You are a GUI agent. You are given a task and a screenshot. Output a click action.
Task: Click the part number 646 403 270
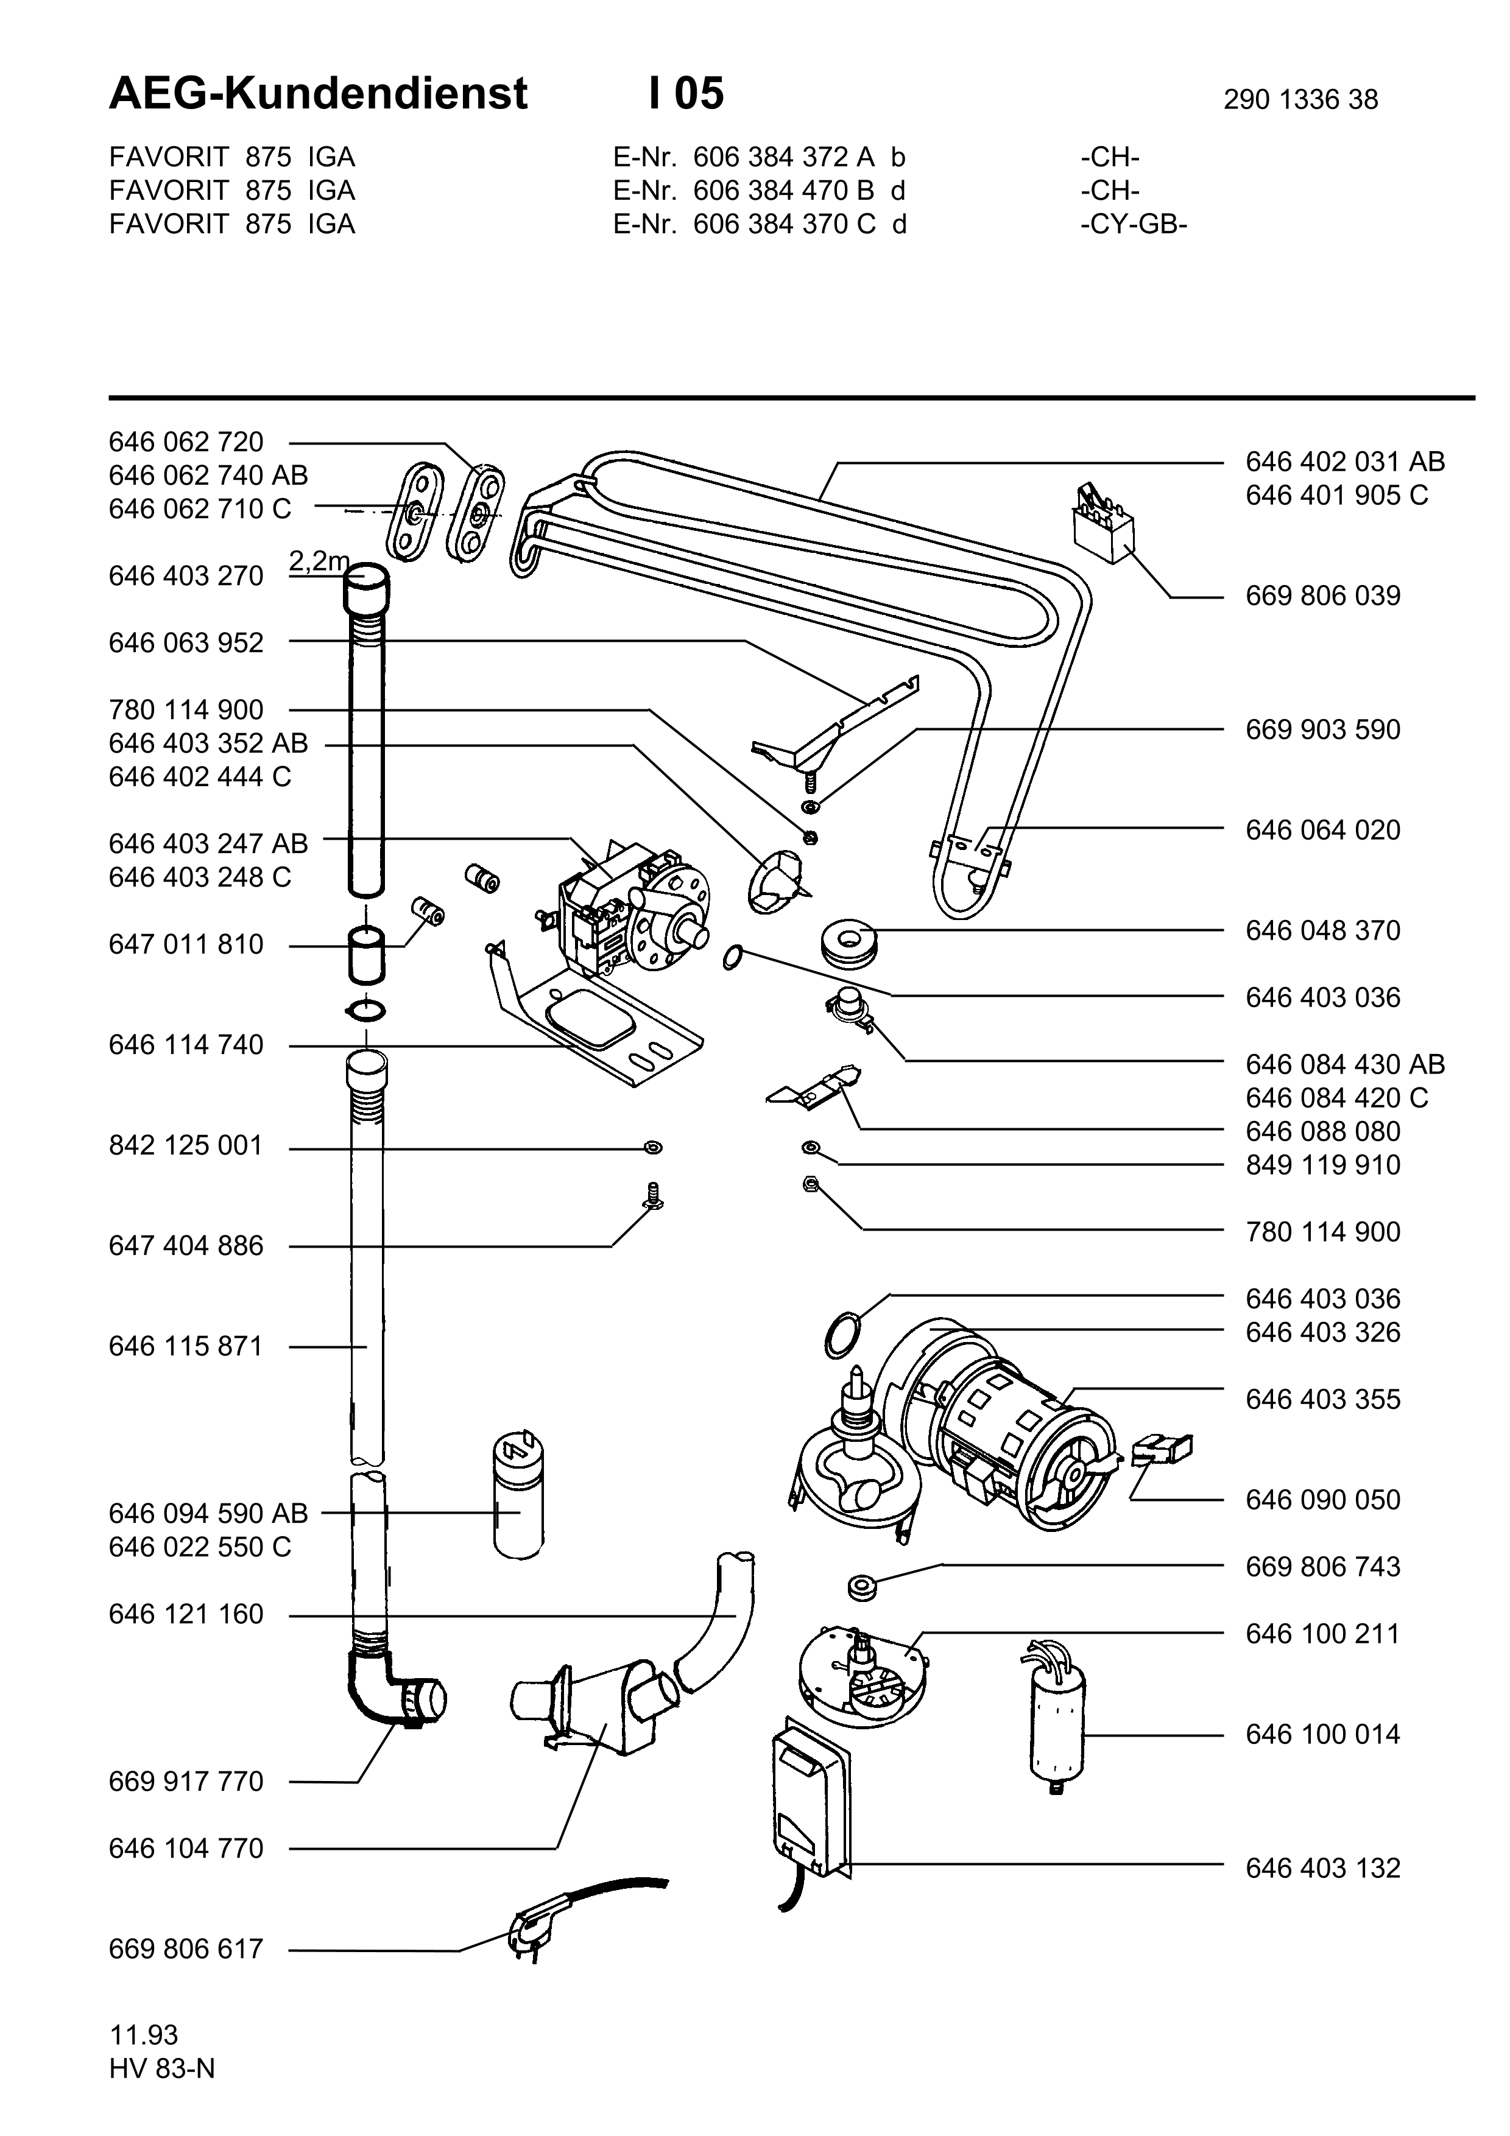tap(186, 577)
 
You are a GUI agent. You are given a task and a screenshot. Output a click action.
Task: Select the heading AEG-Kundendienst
tap(318, 94)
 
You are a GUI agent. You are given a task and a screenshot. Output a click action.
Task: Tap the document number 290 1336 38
tap(1300, 99)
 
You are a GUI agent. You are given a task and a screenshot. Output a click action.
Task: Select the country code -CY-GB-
tap(1134, 224)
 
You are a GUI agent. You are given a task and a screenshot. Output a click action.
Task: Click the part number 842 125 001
tap(186, 1146)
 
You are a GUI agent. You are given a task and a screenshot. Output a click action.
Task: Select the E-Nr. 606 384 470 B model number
tap(758, 191)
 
